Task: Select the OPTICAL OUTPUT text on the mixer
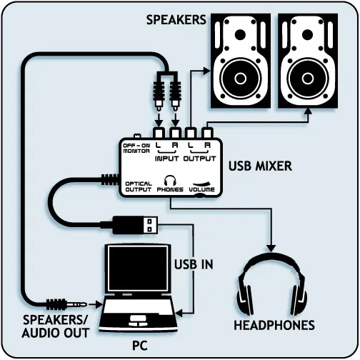coord(138,186)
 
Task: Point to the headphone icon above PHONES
coord(171,181)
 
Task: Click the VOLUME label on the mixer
coord(201,191)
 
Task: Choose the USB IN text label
coord(194,264)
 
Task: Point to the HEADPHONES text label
coord(274,325)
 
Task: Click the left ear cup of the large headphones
coord(246,296)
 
